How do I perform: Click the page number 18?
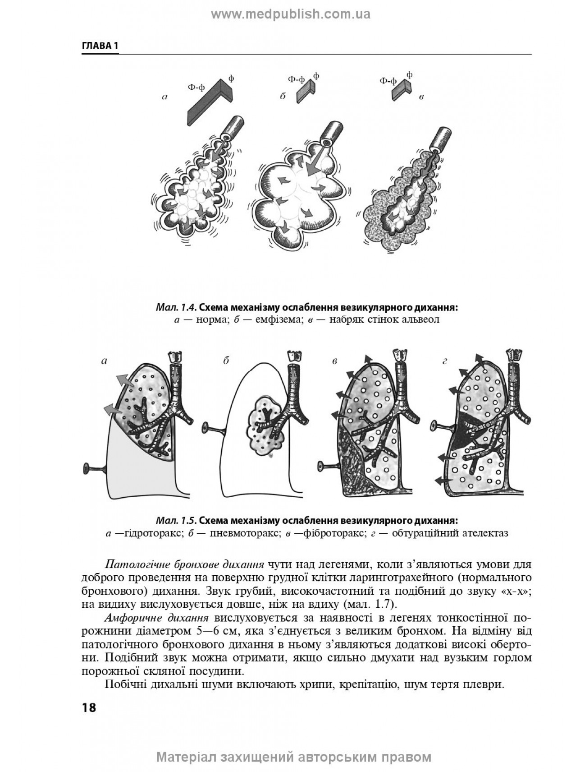[x=89, y=707]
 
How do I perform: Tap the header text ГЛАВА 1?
[x=100, y=46]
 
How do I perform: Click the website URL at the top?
[x=291, y=14]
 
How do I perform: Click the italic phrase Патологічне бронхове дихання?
[x=184, y=564]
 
